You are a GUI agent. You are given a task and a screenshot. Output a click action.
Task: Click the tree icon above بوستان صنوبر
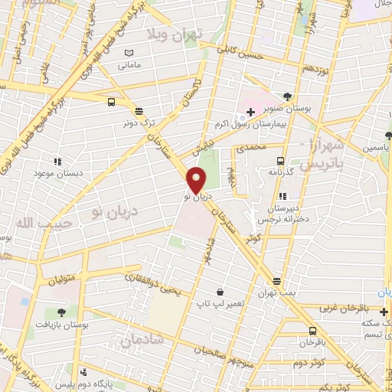point(287,96)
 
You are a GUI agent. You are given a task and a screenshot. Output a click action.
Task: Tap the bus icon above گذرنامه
point(281,162)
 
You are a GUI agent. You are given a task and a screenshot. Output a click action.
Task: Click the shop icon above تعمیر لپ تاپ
point(220,292)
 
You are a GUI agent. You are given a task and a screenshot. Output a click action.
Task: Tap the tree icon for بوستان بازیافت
point(60,312)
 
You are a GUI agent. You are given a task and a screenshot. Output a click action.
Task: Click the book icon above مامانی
point(129,52)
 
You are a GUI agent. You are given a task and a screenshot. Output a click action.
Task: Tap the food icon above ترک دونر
point(139,111)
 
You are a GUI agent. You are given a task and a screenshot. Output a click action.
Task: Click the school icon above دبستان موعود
point(56,162)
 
